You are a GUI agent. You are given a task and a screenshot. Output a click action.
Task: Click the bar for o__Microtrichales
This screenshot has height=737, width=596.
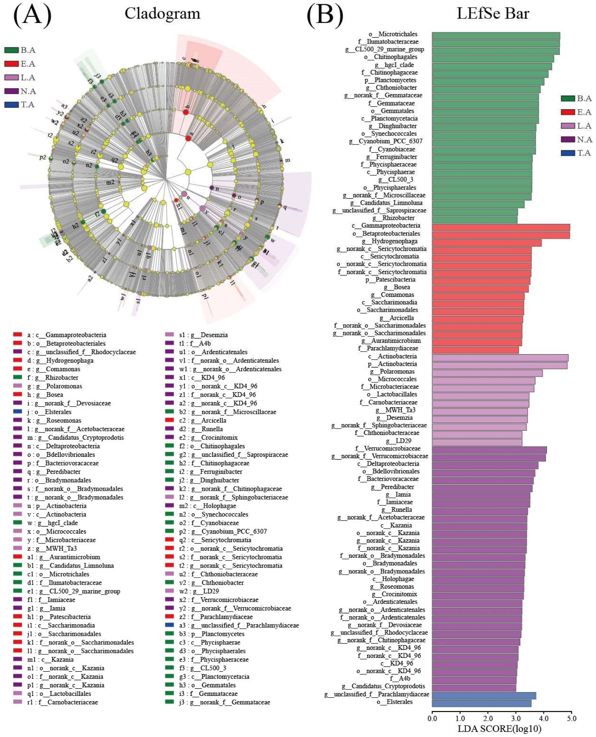(495, 36)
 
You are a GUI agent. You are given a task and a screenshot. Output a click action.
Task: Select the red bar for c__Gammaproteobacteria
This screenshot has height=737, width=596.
(500, 227)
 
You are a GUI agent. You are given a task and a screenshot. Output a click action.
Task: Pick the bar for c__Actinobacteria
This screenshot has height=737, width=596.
(500, 358)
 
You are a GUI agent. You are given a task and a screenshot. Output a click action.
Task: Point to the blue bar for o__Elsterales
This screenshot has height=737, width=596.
(481, 703)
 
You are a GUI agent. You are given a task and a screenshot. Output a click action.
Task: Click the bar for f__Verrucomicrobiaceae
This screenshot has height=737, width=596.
(489, 450)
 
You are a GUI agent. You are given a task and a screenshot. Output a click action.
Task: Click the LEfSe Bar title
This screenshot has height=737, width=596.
(493, 14)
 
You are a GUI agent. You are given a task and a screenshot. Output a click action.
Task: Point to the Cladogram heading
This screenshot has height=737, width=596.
(162, 14)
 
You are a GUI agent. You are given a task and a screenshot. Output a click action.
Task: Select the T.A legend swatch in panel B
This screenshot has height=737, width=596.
(568, 153)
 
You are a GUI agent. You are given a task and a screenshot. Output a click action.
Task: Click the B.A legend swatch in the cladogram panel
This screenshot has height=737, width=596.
(11, 50)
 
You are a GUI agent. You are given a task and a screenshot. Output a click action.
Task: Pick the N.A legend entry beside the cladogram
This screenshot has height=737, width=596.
(21, 91)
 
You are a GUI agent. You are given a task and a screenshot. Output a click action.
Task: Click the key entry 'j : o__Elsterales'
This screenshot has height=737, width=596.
(49, 412)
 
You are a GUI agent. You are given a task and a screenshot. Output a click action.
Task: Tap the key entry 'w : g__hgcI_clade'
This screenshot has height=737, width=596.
(52, 523)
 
